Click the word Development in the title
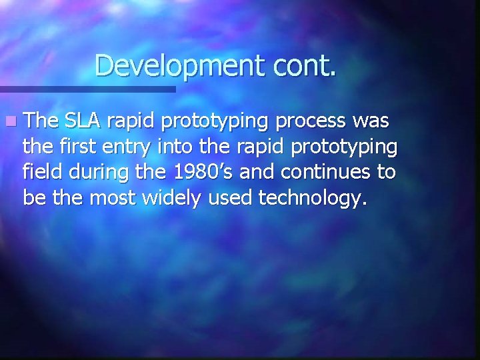[x=180, y=65]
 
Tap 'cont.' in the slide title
[x=305, y=65]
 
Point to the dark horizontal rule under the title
[x=87, y=89]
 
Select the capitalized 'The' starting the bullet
[x=41, y=122]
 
